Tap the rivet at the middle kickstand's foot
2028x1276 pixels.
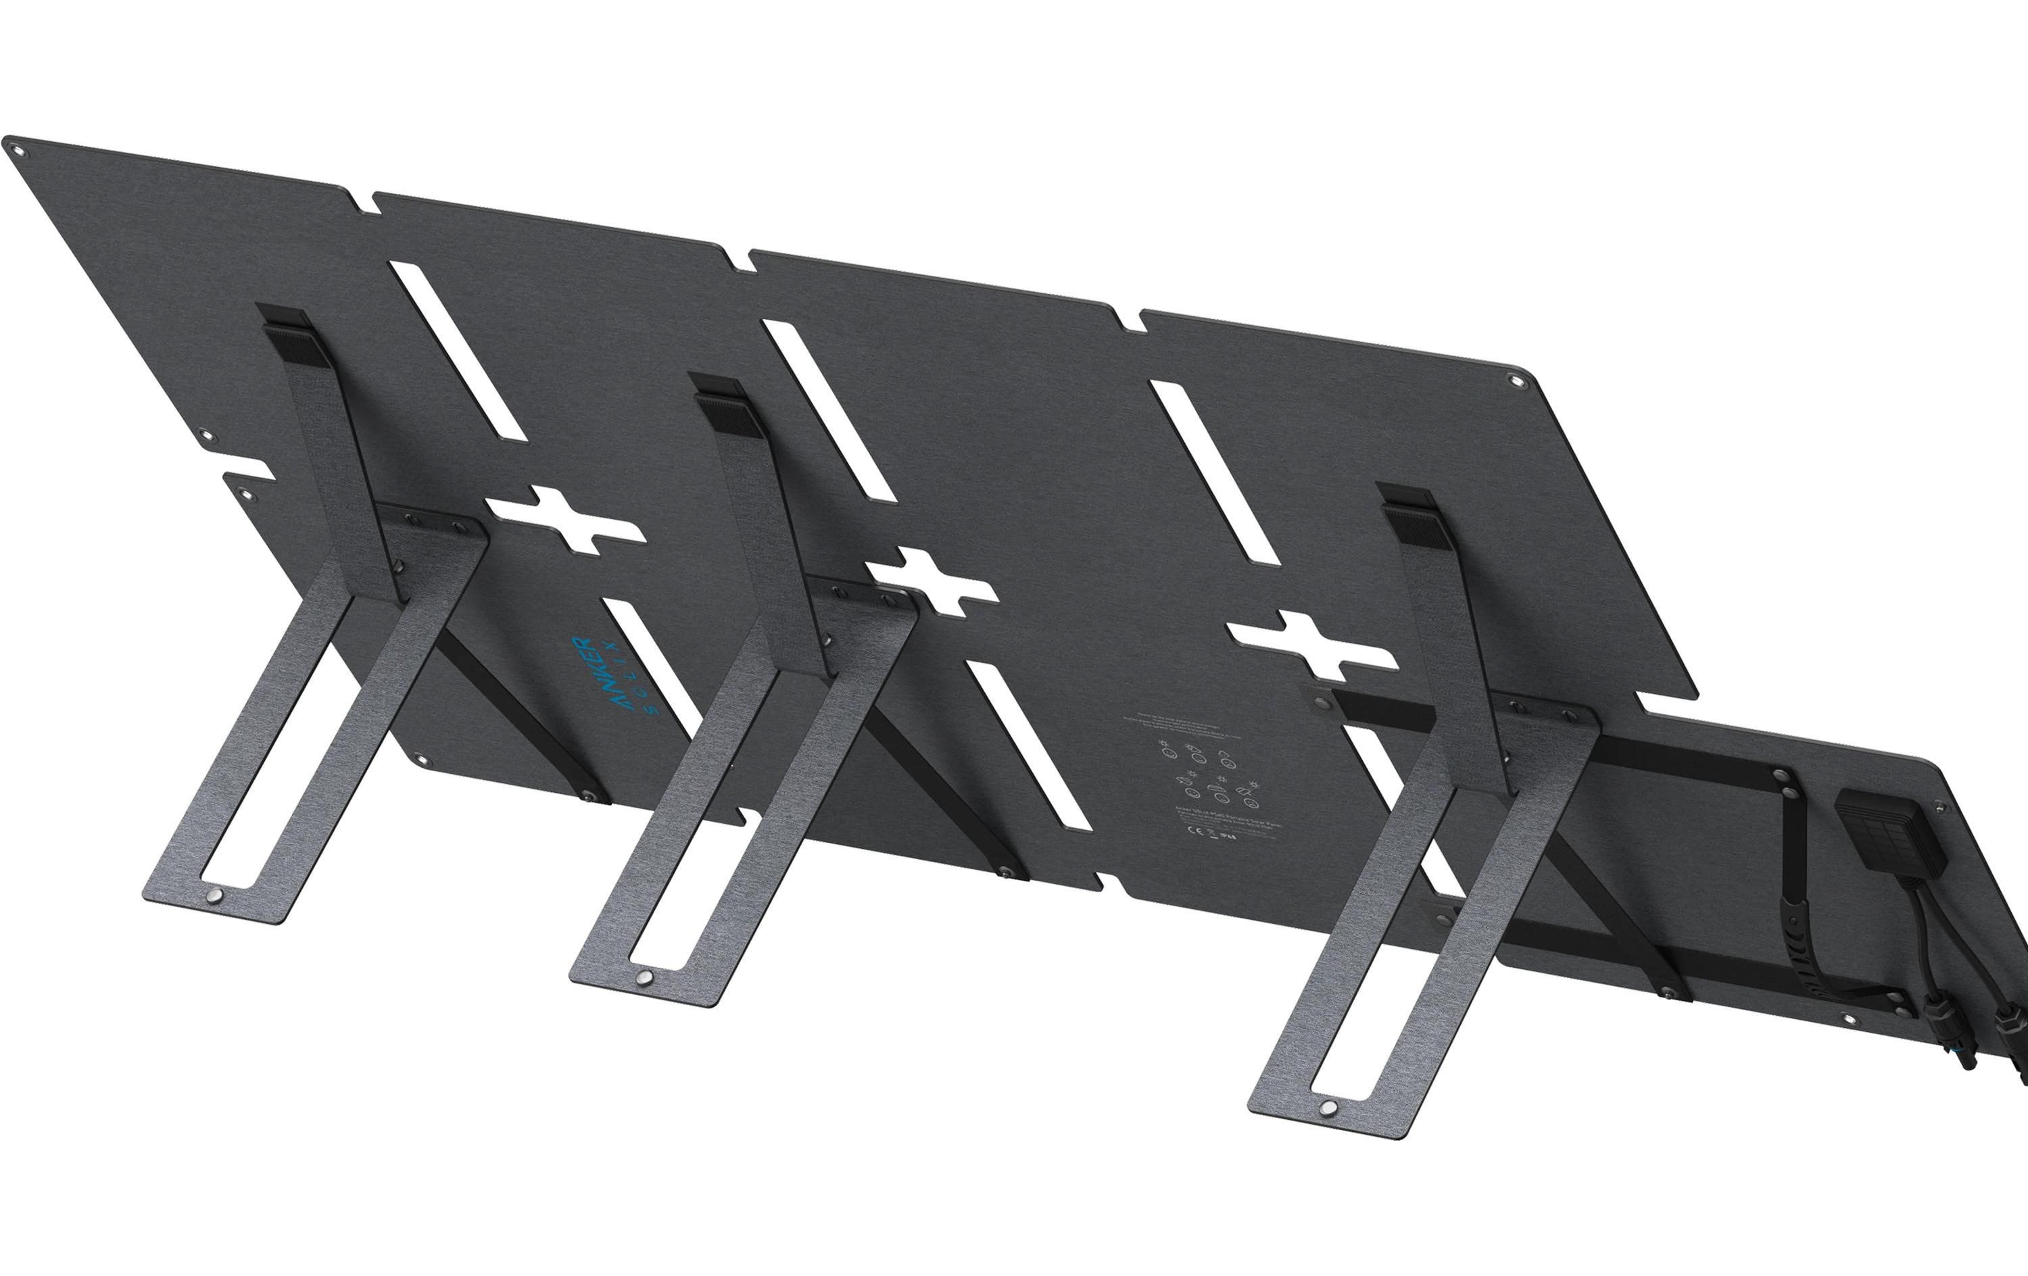(644, 978)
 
